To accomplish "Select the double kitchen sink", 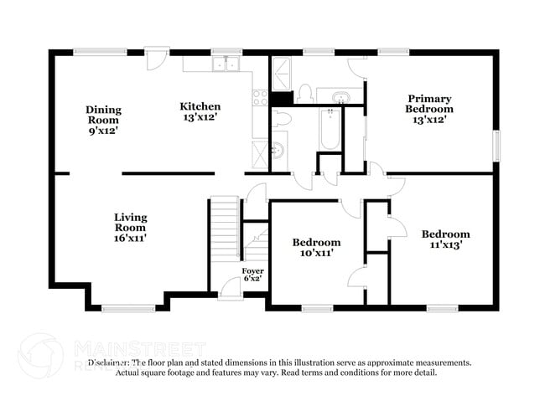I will (x=224, y=64).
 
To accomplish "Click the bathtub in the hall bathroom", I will (x=330, y=130).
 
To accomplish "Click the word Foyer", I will (x=252, y=271).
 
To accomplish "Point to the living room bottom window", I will (x=127, y=308).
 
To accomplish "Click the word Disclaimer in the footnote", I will (x=109, y=363).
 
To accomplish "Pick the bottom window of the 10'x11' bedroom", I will (x=319, y=308).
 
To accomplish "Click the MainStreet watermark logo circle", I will (x=39, y=354).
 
